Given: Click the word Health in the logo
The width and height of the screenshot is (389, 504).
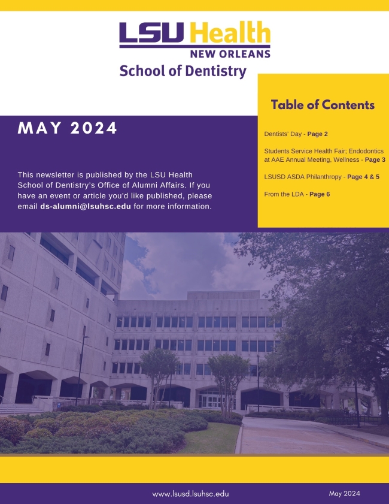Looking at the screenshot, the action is [x=230, y=32].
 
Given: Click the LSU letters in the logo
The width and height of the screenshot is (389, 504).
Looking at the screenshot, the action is [x=151, y=32].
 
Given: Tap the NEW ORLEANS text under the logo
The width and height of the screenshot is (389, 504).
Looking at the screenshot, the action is [x=230, y=54].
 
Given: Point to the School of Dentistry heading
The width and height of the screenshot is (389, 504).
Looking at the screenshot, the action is [x=183, y=71].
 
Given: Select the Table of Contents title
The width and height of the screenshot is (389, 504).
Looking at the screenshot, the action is [x=323, y=105].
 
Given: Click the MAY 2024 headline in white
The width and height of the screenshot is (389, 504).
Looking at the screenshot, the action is [x=68, y=128].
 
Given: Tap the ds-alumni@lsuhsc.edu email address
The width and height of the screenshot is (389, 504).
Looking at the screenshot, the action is [x=86, y=206].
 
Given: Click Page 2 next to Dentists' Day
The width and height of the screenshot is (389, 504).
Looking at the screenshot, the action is [x=317, y=134].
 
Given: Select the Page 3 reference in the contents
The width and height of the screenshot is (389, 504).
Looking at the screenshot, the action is [x=375, y=160].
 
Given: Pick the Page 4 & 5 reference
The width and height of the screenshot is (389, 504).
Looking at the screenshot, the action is [x=363, y=177].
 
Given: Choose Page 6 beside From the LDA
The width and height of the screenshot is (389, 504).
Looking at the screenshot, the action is [x=320, y=194].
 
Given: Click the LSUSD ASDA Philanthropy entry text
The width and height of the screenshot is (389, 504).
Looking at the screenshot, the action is [x=303, y=177].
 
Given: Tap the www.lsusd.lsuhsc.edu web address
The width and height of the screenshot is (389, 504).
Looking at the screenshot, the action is [x=191, y=494].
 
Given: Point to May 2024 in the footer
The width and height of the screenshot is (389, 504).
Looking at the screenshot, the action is [x=344, y=493].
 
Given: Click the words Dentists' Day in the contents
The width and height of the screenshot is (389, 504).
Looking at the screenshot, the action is [x=282, y=134].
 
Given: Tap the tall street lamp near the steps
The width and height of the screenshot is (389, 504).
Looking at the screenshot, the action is [x=81, y=370].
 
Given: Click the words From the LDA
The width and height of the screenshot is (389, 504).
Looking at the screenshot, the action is [x=284, y=194].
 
